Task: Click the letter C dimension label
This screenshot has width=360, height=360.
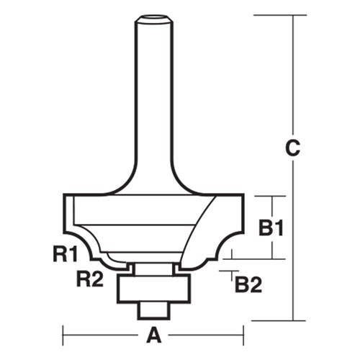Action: pos(292,149)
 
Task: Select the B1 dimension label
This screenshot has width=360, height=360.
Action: pos(271,228)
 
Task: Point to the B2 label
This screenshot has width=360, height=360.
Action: pos(247,286)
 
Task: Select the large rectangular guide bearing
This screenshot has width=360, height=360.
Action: pos(153,287)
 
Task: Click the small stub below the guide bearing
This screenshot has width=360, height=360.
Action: pos(153,307)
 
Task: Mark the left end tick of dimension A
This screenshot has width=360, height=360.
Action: pos(64,335)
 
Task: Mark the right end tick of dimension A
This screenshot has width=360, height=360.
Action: pos(244,335)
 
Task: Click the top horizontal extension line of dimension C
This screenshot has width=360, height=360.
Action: pos(274,15)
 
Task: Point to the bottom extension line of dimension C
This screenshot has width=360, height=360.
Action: pos(274,320)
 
